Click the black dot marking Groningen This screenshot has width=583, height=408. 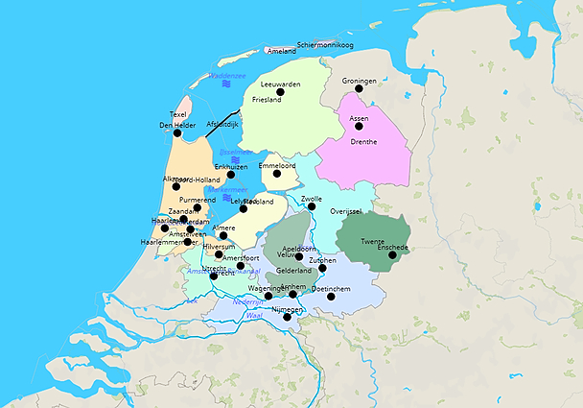359,88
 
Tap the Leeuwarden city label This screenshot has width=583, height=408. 281,84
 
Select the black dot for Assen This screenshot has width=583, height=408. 359,126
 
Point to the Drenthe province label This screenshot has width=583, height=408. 363,142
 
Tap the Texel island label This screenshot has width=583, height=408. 177,114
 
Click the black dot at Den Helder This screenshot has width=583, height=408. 175,132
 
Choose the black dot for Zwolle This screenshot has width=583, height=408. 312,206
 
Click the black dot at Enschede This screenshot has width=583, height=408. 392,254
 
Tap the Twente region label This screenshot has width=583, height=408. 373,240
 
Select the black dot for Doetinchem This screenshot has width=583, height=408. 332,297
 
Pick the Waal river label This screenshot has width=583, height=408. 254,315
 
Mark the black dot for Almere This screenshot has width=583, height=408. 223,235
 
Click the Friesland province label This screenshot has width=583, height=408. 267,99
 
